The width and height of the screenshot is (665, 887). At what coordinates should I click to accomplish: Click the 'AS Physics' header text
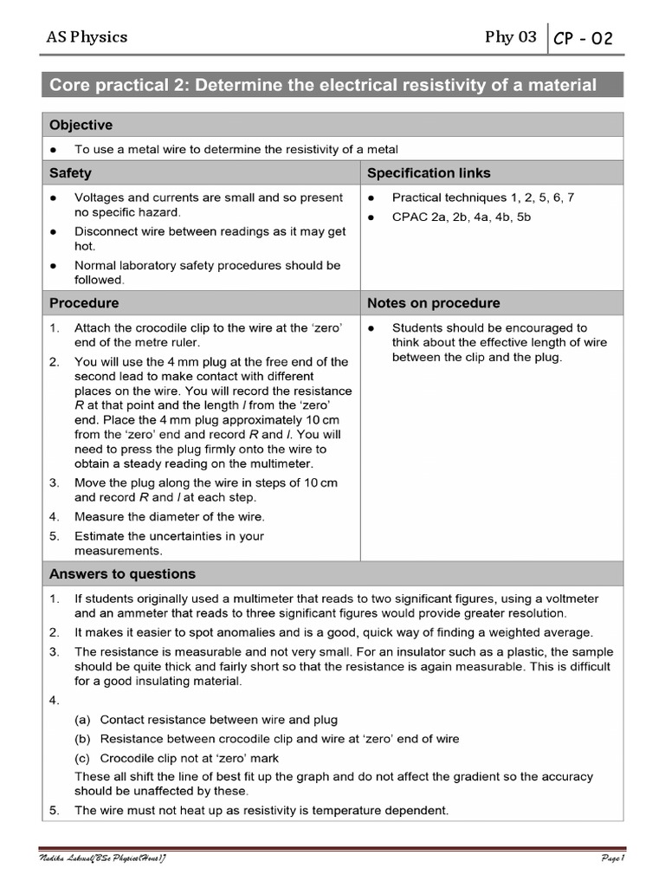pos(87,36)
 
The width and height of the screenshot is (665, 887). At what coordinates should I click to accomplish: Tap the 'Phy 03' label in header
pos(511,36)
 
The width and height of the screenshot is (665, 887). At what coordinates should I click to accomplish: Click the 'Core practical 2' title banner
pos(323,85)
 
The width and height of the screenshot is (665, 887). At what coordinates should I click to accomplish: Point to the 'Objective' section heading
pos(81,126)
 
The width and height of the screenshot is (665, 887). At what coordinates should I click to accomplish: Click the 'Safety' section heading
pos(70,172)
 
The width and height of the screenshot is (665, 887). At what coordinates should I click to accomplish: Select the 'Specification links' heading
pos(429,172)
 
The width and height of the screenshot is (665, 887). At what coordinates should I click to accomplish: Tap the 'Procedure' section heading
pos(84,303)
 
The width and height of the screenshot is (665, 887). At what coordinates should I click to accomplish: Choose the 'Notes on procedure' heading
pos(433,303)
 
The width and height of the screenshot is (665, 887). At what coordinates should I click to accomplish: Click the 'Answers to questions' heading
pos(122,573)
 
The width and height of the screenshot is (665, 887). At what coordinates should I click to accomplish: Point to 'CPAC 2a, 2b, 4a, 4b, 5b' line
pos(461,217)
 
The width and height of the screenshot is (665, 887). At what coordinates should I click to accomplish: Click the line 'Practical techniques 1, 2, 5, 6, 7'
pos(482,197)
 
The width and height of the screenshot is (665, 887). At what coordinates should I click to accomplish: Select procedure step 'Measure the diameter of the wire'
pos(169,517)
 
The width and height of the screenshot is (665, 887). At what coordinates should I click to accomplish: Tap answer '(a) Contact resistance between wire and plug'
pos(218,720)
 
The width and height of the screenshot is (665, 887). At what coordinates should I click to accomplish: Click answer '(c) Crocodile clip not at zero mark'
pos(189,758)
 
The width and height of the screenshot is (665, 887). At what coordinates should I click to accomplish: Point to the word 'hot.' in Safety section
pos(85,246)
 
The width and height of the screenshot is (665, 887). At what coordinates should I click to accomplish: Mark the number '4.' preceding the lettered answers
pos(55,701)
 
